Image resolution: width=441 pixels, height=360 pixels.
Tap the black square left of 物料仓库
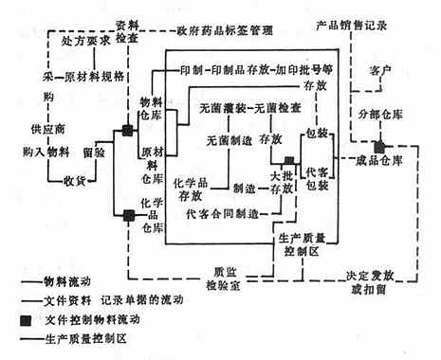tap(125, 127)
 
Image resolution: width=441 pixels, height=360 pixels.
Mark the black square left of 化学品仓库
tap(126, 215)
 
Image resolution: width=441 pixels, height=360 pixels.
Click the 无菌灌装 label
tap(222, 107)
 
